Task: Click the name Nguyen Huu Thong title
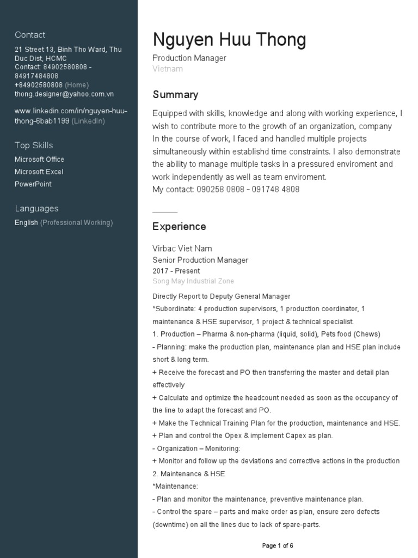pos(229,40)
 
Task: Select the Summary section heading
pos(175,95)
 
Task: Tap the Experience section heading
pos(179,227)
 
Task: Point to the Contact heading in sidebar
pos(30,35)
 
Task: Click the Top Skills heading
pos(34,145)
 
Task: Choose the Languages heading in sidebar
pos(36,208)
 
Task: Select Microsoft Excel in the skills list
pos(39,172)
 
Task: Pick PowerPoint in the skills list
pos(33,184)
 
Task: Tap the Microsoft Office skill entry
pos(39,159)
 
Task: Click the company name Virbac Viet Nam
pos(182,248)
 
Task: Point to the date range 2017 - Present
pos(176,271)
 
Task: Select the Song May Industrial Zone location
pos(193,281)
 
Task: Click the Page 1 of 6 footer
pos(278,545)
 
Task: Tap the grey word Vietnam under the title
pos(168,69)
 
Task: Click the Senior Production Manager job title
pos(200,260)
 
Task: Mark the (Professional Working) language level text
pos(77,222)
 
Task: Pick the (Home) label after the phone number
pos(77,85)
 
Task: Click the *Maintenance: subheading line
pos(175,486)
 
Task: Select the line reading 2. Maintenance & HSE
pos(188,474)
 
